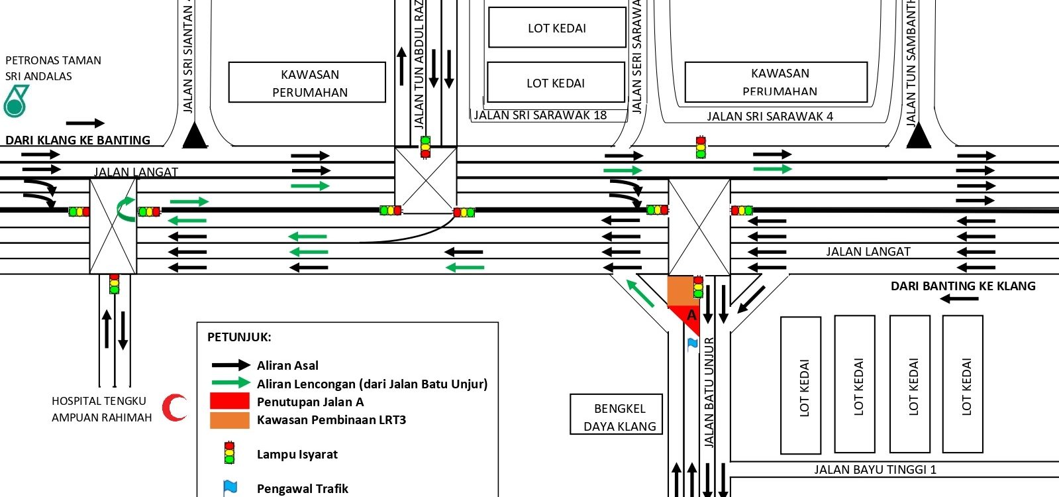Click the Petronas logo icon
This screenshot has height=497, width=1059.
point(16,101)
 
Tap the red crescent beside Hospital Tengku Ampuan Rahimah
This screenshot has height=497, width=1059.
point(176,408)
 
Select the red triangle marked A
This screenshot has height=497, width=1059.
point(689,317)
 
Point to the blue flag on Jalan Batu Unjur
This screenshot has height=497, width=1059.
point(693,343)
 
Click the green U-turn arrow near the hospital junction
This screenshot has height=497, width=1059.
point(125,208)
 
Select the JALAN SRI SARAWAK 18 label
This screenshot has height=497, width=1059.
point(540,115)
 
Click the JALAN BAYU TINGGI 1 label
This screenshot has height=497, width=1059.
point(875,470)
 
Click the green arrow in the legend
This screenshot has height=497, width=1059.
point(230,383)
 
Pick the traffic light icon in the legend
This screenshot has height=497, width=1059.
point(229,453)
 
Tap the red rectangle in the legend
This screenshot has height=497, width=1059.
point(229,401)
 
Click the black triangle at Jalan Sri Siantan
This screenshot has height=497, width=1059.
point(195,137)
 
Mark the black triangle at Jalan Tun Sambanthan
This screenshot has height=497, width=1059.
point(918,137)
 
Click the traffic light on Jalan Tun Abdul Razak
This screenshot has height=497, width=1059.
point(425,146)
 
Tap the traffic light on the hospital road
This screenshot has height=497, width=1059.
point(114,284)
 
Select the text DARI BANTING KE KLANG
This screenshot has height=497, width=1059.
point(962,286)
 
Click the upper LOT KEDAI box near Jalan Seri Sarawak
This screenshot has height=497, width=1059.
point(557,28)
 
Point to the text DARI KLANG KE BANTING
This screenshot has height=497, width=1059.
point(77,140)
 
